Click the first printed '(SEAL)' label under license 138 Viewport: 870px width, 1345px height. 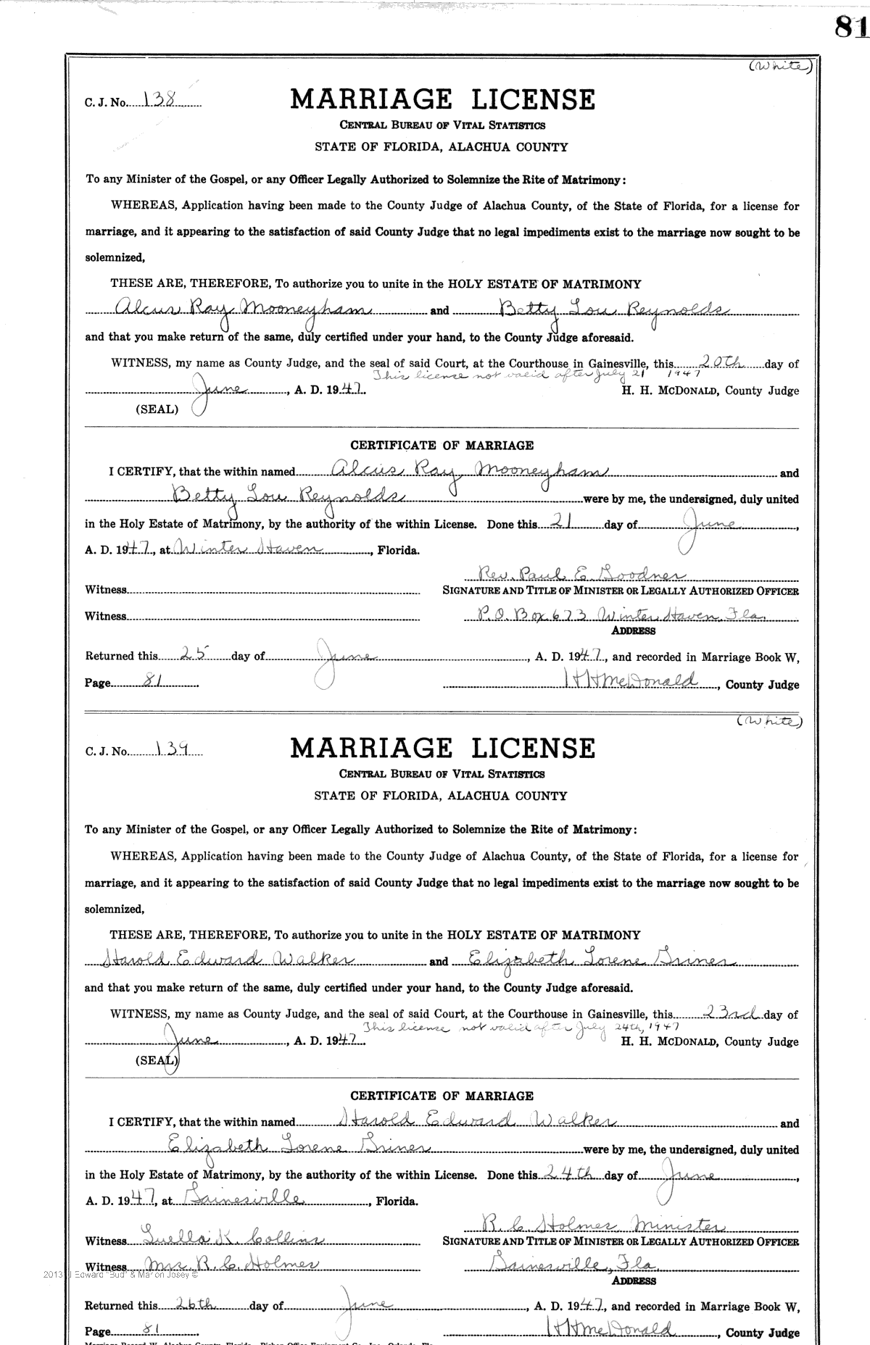[157, 409]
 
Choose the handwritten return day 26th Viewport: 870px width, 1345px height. [196, 1304]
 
